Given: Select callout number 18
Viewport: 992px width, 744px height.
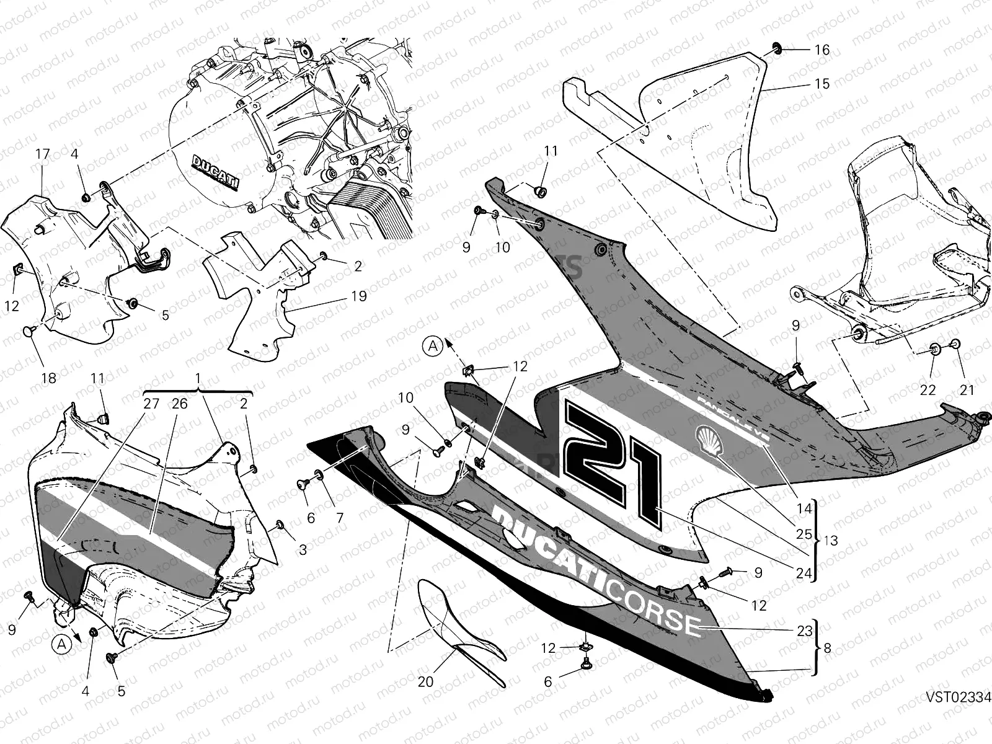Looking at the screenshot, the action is pos(48,378).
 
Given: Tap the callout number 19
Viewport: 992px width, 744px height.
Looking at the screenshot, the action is pos(358,296).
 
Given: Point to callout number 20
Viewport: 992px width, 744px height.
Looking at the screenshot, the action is pos(425,681).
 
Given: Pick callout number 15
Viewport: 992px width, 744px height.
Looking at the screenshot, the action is pos(821,84).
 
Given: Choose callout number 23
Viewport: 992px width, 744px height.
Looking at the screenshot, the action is pos(804,631).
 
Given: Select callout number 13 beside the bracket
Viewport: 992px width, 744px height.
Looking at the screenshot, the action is pos(831,541).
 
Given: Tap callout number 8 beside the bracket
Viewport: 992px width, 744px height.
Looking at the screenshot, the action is pos(827,649).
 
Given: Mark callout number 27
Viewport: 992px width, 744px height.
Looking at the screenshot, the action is pos(152,404).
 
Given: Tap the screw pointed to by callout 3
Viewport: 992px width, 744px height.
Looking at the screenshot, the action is pos(280,526).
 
